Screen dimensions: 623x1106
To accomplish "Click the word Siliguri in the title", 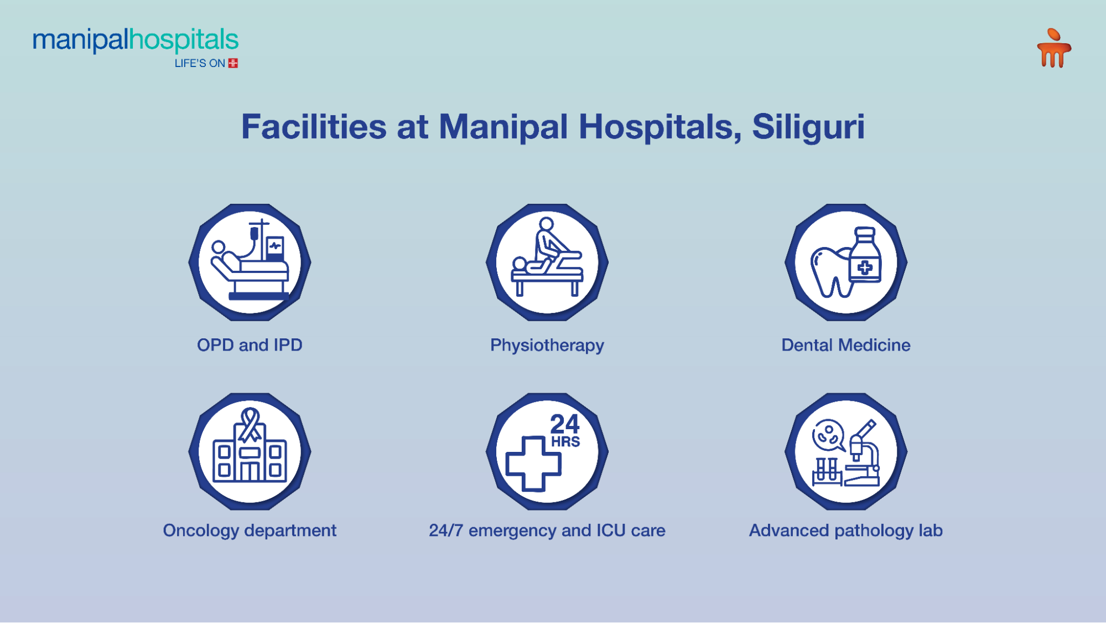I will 808,126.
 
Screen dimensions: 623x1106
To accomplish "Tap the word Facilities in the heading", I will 313,126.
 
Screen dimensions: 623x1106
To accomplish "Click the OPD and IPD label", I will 250,345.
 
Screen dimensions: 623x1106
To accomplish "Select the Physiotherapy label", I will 547,345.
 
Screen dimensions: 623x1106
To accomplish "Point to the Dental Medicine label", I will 845,345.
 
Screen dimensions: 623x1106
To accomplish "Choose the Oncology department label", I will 250,530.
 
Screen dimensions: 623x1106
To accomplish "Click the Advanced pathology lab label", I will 845,530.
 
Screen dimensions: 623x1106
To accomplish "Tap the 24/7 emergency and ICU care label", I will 547,530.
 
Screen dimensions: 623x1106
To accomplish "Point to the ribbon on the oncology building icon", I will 250,424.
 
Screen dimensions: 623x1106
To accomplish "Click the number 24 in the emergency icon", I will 564,424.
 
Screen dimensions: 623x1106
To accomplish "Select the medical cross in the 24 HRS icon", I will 533,464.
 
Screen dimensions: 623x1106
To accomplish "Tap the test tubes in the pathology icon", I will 827,471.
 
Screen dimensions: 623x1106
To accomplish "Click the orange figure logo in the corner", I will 1053,48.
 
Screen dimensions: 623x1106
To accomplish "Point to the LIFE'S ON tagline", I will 200,63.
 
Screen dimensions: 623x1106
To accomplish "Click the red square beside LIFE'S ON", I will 233,63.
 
